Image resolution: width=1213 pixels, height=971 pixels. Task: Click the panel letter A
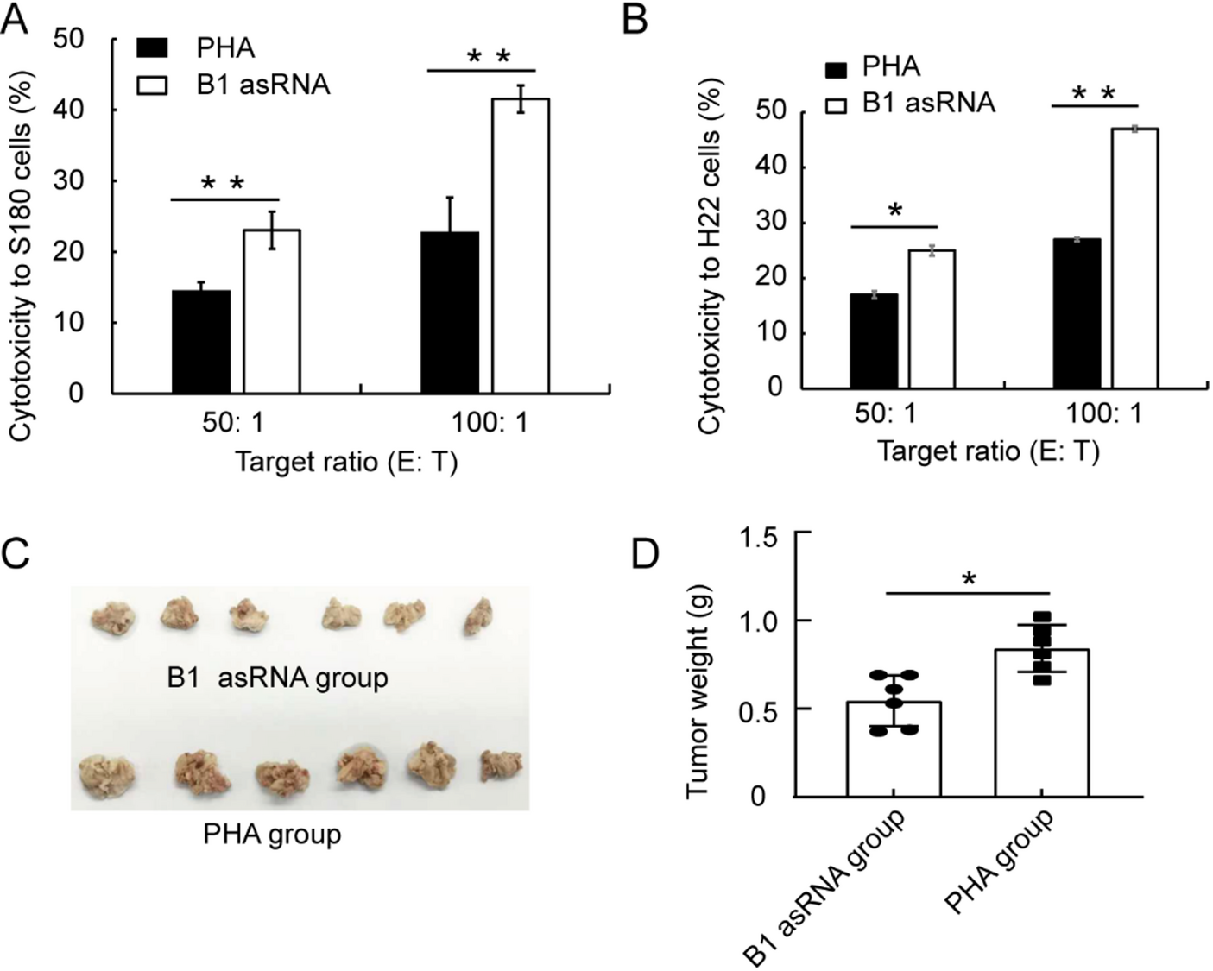(x=15, y=18)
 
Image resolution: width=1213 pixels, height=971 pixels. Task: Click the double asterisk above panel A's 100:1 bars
(x=489, y=58)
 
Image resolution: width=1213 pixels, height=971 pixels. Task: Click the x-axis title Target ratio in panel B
(x=989, y=451)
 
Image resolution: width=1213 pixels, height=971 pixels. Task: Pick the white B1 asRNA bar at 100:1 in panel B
(x=1134, y=258)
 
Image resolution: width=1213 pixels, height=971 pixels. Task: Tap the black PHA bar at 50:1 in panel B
(x=874, y=341)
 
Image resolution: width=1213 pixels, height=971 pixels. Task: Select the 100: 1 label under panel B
(x=1104, y=413)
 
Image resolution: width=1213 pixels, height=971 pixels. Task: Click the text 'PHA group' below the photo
(x=272, y=835)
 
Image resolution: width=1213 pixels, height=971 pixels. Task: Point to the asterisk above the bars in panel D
(x=969, y=579)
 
